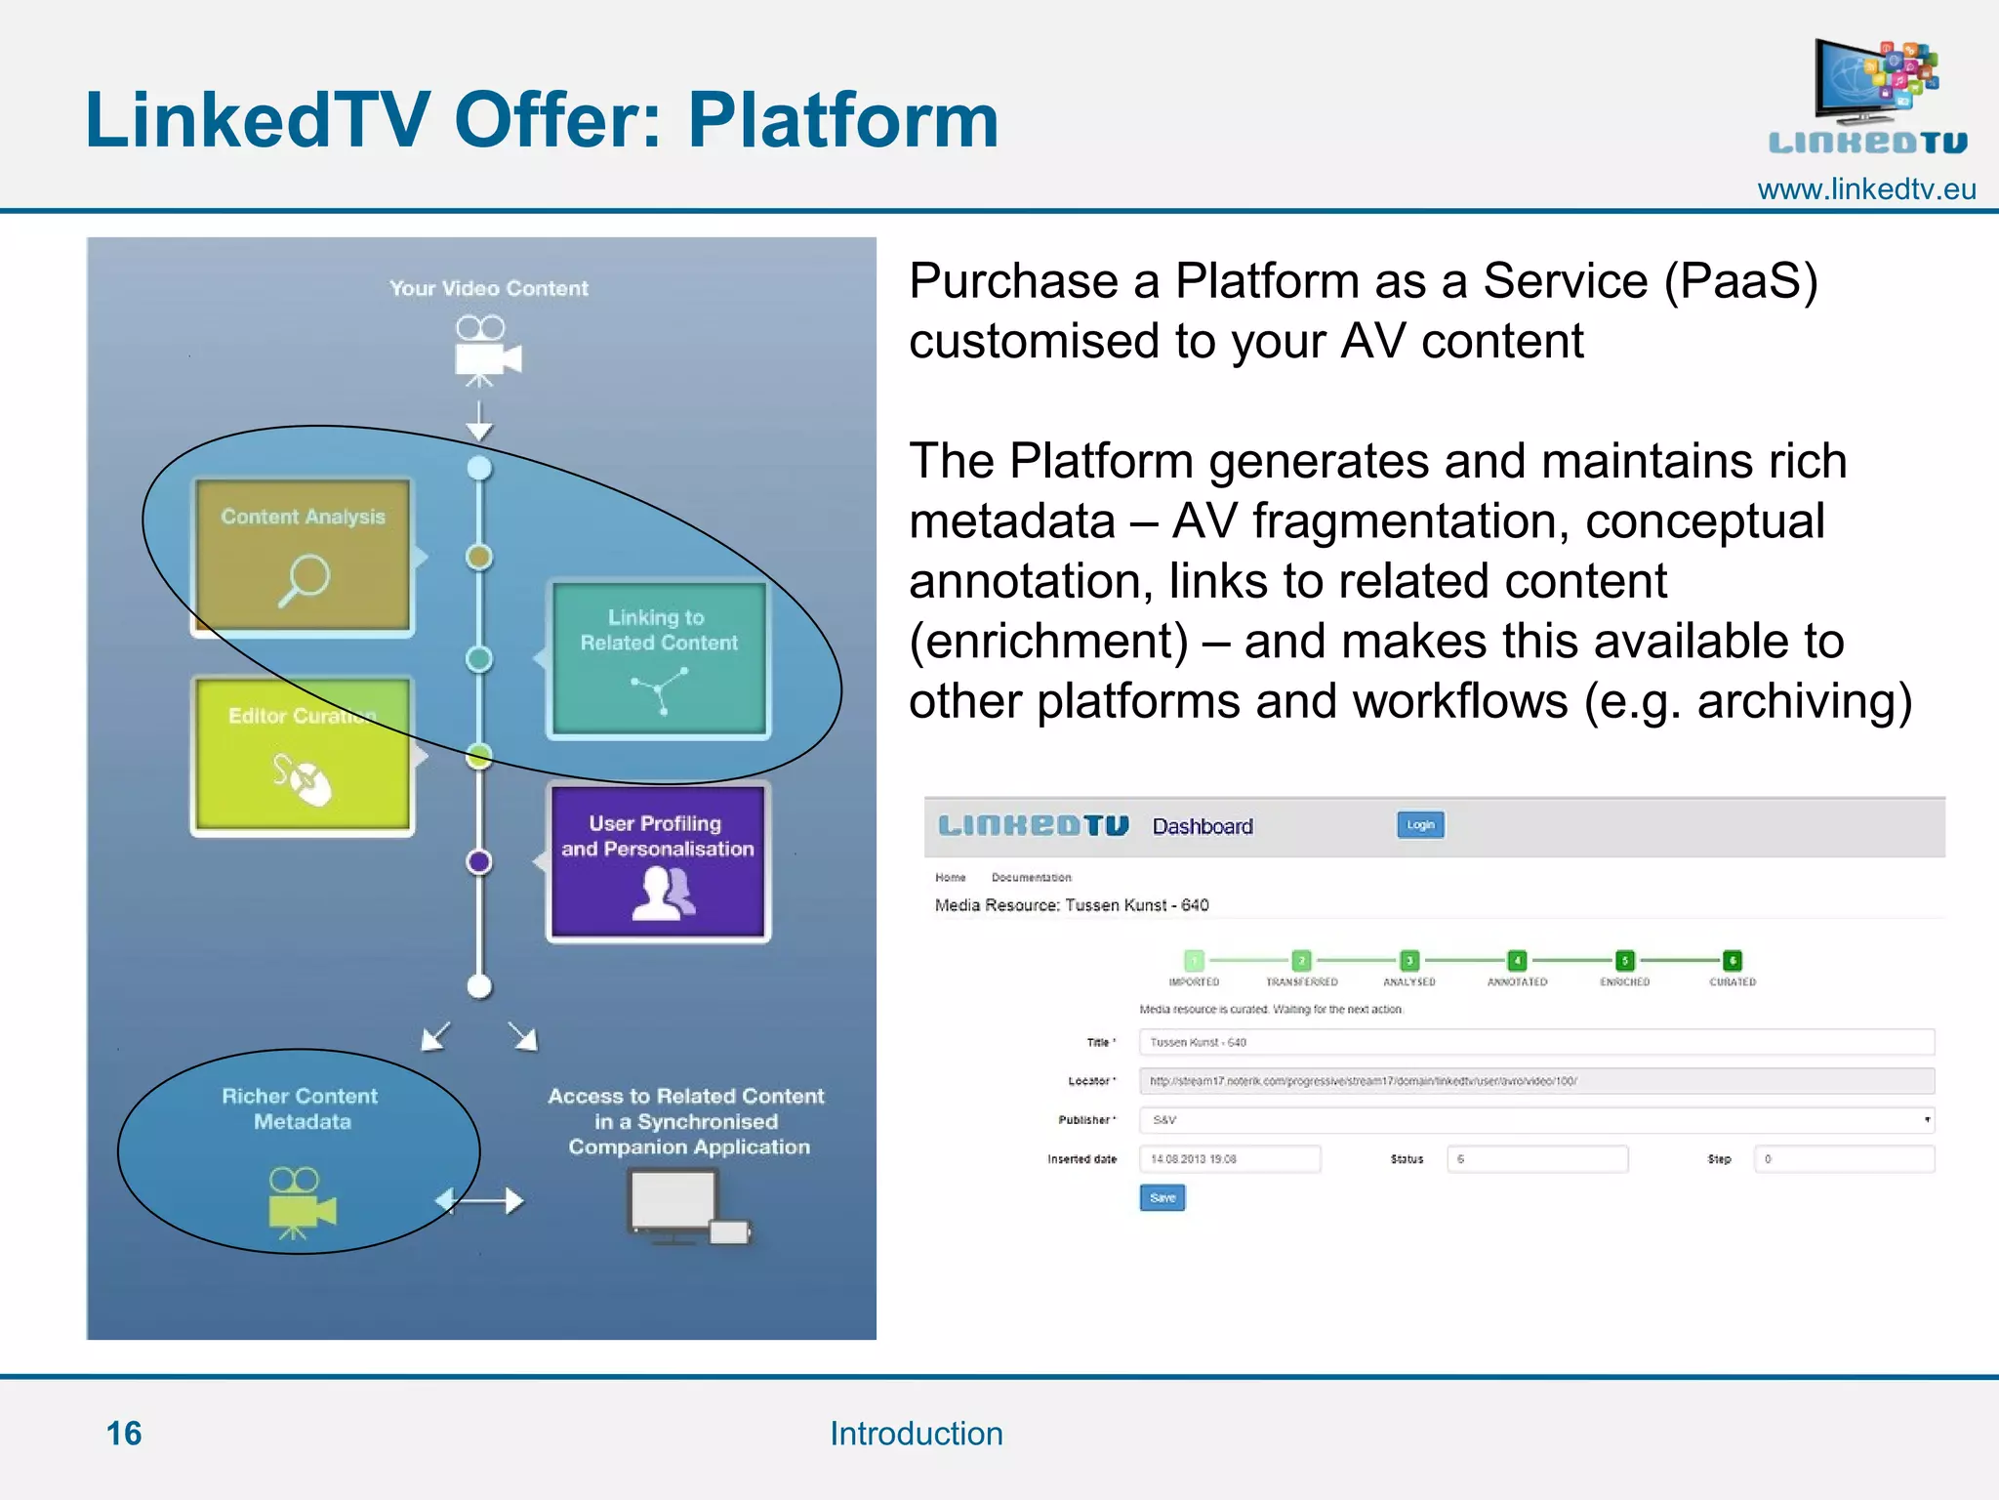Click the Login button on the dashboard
tap(1420, 825)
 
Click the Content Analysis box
tap(303, 557)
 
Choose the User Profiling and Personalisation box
tap(659, 861)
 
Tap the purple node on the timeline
tap(478, 861)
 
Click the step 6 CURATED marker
tap(1732, 961)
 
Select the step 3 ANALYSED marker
tap(1408, 961)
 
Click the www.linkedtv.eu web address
tap(1865, 189)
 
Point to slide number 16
tap(124, 1433)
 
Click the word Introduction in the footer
tap(916, 1433)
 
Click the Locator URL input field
tap(1535, 1081)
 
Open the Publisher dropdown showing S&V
tap(1535, 1120)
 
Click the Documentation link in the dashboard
tap(1031, 877)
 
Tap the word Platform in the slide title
tap(843, 120)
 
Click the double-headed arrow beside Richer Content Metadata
tap(479, 1200)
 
